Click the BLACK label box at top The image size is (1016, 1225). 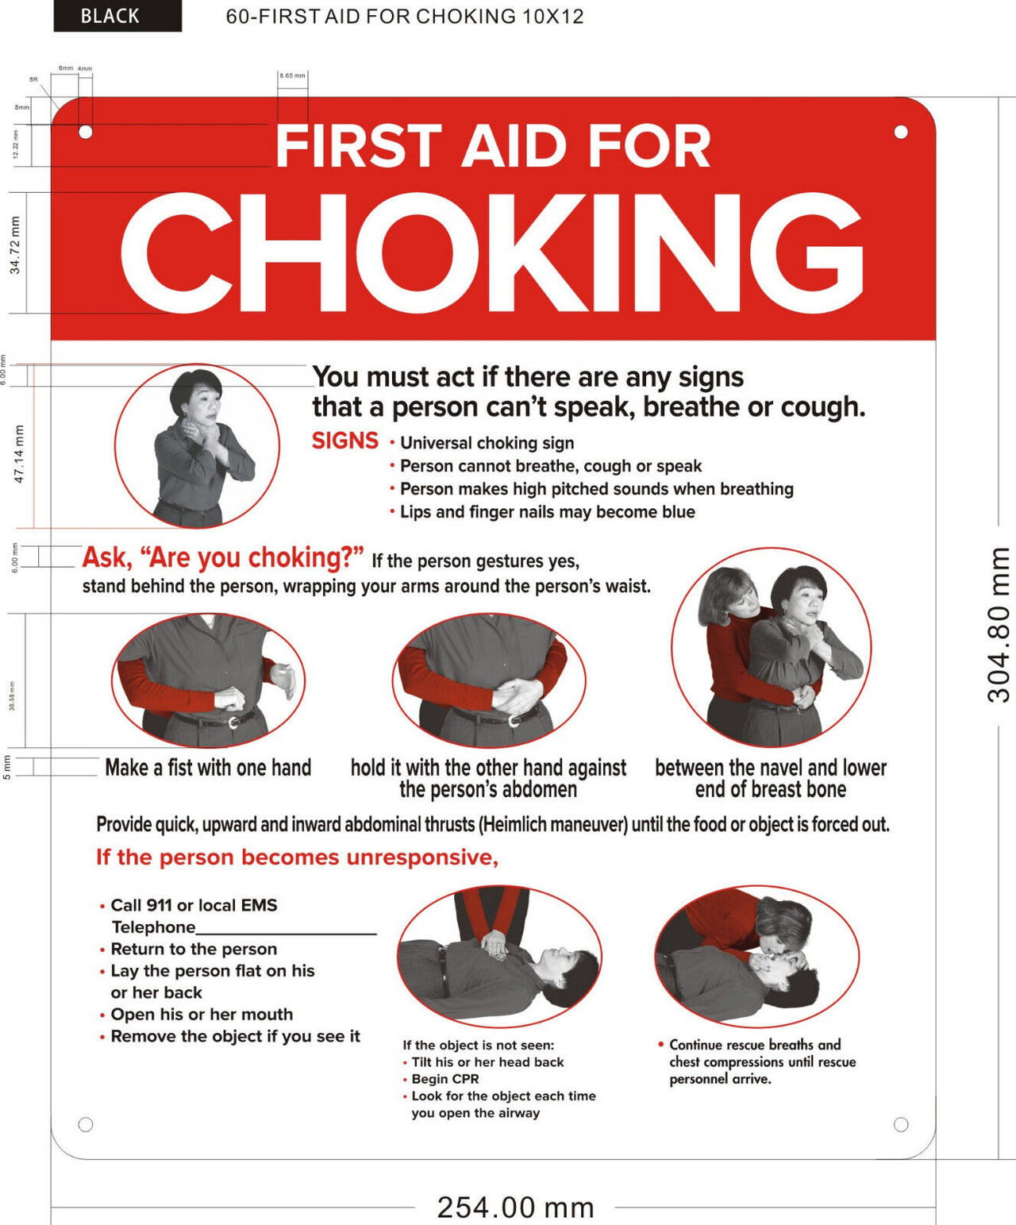(x=117, y=16)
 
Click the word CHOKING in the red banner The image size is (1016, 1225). (x=491, y=253)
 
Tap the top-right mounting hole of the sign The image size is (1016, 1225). (x=901, y=132)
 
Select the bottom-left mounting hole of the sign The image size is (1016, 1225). (x=86, y=1124)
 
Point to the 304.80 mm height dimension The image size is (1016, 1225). (x=999, y=625)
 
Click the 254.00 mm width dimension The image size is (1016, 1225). (x=515, y=1208)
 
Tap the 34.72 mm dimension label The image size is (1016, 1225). (x=15, y=245)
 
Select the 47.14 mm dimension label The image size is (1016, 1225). (x=19, y=454)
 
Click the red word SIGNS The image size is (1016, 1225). (x=344, y=441)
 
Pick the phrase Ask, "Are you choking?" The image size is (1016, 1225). (x=223, y=557)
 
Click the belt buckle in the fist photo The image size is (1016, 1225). (x=233, y=722)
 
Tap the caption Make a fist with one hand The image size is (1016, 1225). (x=208, y=768)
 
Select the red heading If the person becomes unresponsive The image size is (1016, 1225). (x=297, y=857)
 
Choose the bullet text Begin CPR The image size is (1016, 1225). (x=444, y=1079)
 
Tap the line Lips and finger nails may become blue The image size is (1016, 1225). (x=547, y=512)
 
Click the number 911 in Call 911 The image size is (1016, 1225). (x=159, y=905)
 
